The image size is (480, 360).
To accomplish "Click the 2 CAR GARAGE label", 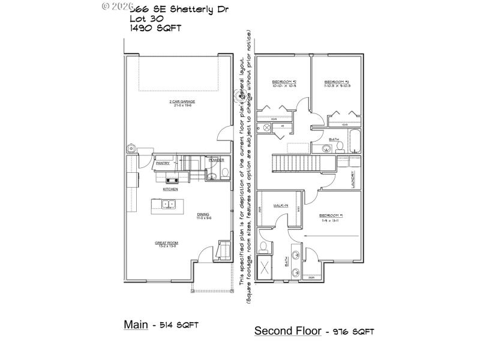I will (x=182, y=101).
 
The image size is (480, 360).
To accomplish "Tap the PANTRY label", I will (x=163, y=163).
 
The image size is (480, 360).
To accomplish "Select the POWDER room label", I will (x=216, y=160).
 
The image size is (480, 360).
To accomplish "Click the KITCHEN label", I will (x=170, y=189).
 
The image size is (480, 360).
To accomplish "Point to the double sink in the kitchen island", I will (x=168, y=204).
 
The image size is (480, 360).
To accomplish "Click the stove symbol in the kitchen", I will (x=173, y=179).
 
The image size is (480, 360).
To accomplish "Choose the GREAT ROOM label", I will (x=167, y=243).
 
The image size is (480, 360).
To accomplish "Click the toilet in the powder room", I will (x=224, y=173).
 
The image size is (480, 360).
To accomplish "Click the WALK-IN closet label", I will (x=281, y=206).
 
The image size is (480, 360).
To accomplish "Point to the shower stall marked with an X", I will (x=265, y=268).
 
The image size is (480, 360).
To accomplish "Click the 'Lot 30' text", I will (x=143, y=18).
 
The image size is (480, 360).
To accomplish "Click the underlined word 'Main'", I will (x=136, y=325).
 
